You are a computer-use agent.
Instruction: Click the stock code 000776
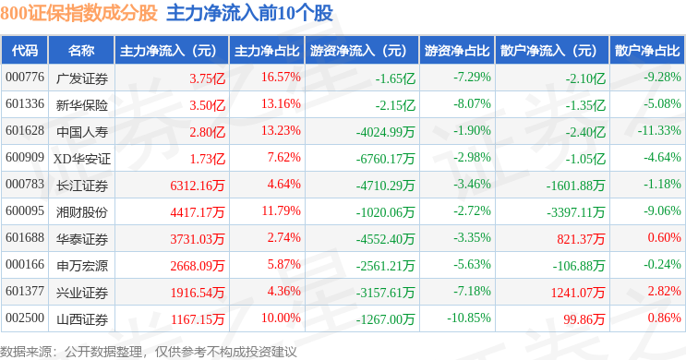point(25,77)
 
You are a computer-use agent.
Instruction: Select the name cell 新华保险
point(82,105)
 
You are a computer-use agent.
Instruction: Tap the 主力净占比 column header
point(267,51)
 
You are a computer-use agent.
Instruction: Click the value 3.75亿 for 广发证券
point(208,78)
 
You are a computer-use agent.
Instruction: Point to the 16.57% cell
point(281,77)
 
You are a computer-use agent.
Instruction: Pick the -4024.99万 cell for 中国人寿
point(385,132)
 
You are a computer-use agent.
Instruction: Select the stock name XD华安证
point(82,159)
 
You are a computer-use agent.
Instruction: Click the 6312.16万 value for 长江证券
point(198,186)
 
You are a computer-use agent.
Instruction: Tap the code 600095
point(25,210)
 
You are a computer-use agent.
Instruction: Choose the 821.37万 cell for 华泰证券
point(581,239)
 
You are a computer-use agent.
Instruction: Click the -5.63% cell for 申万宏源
point(472,264)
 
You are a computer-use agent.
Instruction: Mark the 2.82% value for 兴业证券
point(665,291)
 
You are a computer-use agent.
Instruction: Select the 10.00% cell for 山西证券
point(281,318)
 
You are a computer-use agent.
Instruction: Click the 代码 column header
point(25,51)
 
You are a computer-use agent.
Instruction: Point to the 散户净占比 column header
point(647,51)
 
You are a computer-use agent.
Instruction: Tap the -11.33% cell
point(659,130)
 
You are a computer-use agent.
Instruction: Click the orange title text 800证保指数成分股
point(78,13)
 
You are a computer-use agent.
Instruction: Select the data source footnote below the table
point(149,352)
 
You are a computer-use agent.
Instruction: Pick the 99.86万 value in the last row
point(584,319)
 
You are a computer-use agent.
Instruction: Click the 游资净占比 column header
point(457,51)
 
